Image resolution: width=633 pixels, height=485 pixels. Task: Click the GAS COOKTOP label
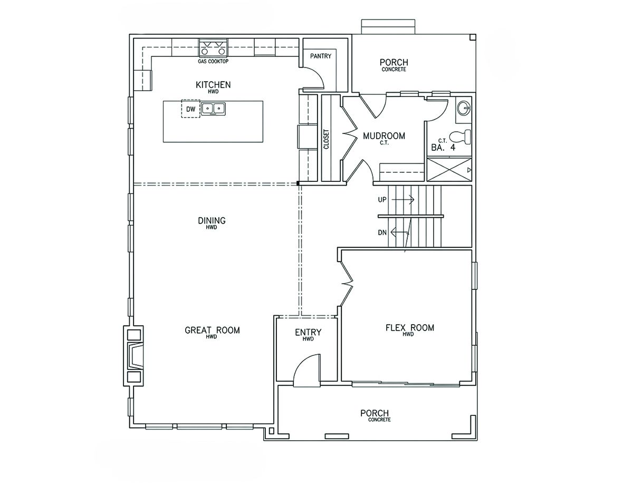click(x=213, y=62)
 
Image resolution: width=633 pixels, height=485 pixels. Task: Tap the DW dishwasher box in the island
click(x=191, y=109)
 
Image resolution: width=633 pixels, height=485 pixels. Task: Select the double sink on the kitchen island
click(x=213, y=109)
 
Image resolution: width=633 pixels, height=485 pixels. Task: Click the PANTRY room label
click(x=320, y=56)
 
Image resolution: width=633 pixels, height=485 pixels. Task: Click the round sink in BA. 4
click(x=463, y=108)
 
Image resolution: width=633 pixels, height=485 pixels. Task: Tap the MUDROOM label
click(x=384, y=136)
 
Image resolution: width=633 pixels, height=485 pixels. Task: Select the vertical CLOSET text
click(x=326, y=139)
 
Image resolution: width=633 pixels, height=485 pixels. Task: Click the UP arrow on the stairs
click(x=403, y=200)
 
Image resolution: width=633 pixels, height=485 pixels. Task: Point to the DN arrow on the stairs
click(x=400, y=232)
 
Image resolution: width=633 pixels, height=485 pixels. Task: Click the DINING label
click(x=212, y=220)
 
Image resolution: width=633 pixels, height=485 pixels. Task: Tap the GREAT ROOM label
click(x=212, y=330)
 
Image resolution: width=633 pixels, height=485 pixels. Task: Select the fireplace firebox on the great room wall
click(x=135, y=355)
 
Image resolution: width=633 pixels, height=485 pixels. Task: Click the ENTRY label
click(x=308, y=332)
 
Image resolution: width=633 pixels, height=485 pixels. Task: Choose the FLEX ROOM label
click(x=409, y=328)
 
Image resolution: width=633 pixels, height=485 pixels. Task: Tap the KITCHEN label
click(x=213, y=85)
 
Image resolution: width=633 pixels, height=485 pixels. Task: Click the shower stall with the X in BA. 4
click(x=449, y=170)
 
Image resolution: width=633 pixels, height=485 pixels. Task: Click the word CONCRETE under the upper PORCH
click(x=394, y=69)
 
